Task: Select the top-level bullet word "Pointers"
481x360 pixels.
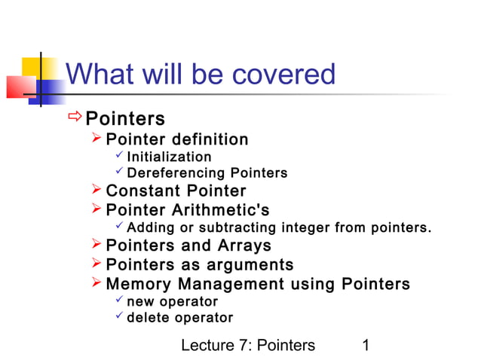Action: pos(125,119)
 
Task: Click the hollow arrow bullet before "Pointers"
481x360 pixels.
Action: pos(75,117)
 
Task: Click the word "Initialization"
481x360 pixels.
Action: pos(169,157)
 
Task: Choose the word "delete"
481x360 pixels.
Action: pos(147,318)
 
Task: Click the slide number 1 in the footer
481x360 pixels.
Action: pos(366,345)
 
